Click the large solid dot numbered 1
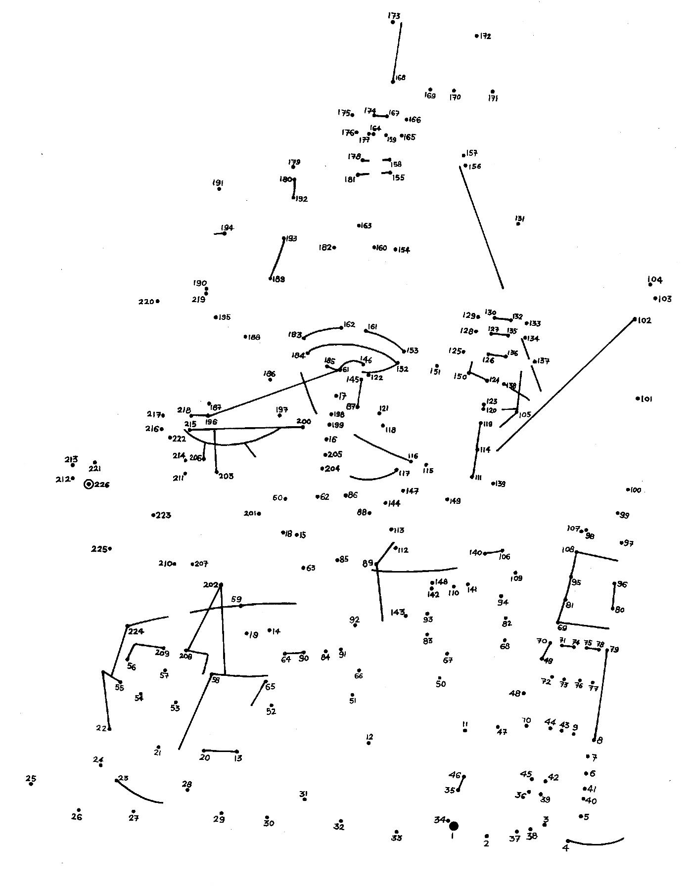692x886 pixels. [453, 826]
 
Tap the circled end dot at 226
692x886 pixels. [89, 485]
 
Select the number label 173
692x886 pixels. [394, 16]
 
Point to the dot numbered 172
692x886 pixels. [476, 36]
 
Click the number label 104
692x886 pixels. [655, 280]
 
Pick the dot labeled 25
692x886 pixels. [31, 784]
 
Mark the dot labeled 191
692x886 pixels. [219, 189]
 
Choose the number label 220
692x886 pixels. [146, 302]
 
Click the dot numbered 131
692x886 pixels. [518, 224]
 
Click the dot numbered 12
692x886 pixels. [369, 743]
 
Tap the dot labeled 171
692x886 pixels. [493, 91]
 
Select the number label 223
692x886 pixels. [163, 515]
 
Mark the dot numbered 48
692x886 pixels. [524, 693]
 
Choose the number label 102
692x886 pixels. [645, 320]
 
